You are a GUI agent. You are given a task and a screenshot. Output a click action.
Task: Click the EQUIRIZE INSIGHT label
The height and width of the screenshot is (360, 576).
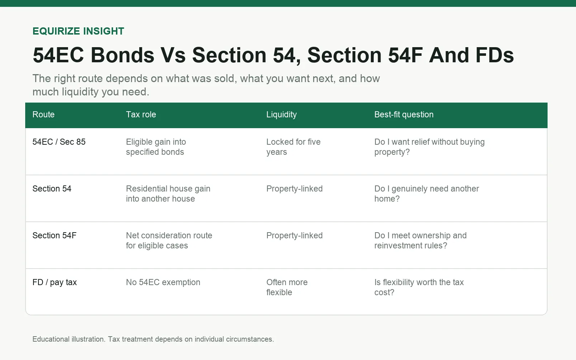click(78, 31)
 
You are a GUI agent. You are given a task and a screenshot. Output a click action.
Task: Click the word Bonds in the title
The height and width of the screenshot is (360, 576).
click(122, 55)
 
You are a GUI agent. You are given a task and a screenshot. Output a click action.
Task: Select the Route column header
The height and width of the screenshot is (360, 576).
click(44, 114)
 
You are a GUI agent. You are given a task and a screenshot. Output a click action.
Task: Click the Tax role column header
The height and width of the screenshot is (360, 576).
click(141, 114)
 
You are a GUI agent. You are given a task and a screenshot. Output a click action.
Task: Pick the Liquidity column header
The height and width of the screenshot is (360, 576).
click(282, 115)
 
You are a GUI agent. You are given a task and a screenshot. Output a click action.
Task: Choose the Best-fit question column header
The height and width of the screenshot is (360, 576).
click(404, 115)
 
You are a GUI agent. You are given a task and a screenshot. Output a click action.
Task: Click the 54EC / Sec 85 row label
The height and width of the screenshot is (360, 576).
click(59, 142)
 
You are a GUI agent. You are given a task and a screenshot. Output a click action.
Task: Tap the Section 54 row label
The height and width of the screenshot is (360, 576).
click(52, 189)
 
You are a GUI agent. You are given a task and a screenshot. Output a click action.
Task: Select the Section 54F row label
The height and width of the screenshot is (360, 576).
click(54, 235)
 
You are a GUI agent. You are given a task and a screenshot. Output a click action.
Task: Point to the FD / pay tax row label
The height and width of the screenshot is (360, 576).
click(54, 282)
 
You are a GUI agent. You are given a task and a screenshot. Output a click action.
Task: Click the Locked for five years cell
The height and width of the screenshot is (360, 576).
click(293, 147)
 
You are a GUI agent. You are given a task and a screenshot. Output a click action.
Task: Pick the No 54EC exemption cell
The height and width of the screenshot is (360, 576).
click(163, 282)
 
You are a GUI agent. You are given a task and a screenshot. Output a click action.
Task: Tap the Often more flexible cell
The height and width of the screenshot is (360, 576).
click(287, 287)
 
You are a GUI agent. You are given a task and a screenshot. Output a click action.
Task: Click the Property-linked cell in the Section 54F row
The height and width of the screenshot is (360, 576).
click(294, 235)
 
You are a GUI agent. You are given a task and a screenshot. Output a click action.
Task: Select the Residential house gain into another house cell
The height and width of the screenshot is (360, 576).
click(168, 194)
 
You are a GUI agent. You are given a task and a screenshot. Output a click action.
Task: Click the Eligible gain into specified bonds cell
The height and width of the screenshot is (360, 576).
click(156, 147)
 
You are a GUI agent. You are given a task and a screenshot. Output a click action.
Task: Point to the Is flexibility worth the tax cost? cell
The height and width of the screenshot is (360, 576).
click(419, 287)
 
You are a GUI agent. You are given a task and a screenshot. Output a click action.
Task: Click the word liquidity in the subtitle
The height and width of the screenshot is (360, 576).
click(80, 92)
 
